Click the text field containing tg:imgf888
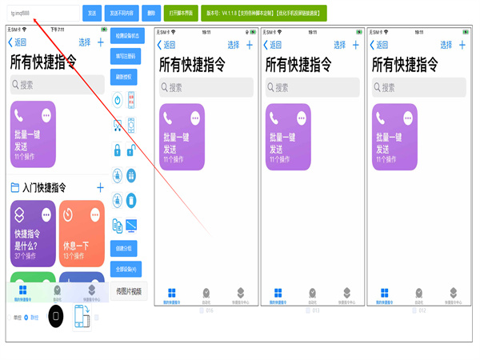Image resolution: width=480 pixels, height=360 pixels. tap(44, 14)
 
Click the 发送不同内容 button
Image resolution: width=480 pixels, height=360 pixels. tap(122, 14)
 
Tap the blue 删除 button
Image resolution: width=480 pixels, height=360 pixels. tap(152, 14)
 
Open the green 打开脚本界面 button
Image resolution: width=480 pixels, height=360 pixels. tap(182, 14)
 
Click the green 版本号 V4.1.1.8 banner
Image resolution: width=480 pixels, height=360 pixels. tap(255, 14)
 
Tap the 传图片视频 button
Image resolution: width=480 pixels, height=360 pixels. tap(128, 292)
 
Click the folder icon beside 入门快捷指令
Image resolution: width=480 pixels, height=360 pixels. tap(14, 188)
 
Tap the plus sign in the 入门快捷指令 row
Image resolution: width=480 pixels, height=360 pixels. tap(100, 188)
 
